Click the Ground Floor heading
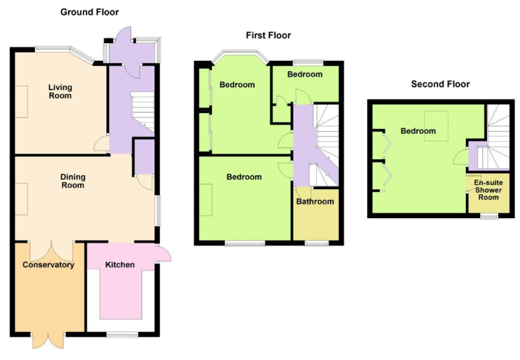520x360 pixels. pos(89,12)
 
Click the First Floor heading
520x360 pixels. pos(268,35)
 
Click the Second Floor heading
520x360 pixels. pos(440,84)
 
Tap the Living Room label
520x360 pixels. pos(60,91)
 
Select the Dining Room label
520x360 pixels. pos(73,180)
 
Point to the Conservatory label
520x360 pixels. pos(48,265)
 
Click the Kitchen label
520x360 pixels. pos(119,265)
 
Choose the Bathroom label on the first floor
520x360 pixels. pos(315,202)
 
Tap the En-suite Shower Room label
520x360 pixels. pos(488,190)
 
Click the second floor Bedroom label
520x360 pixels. pos(418,131)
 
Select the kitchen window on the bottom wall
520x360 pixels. pos(121,335)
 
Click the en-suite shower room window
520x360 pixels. pos(488,216)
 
